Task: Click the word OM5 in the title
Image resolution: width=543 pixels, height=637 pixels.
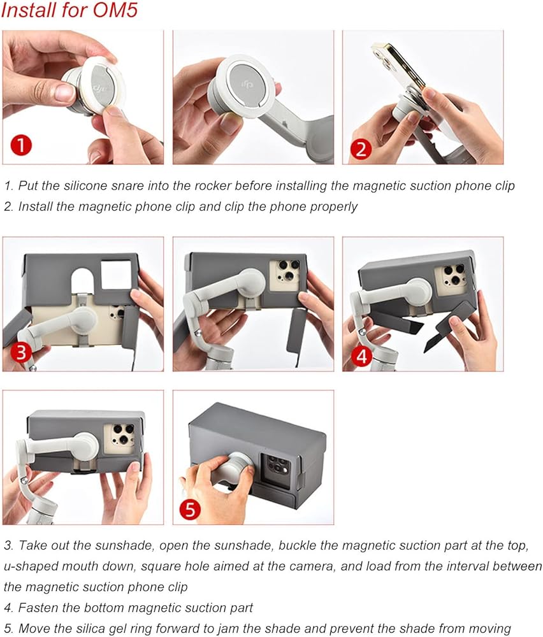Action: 115,10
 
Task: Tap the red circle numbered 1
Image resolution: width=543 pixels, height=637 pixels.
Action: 22,145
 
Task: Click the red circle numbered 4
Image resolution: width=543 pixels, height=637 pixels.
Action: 362,356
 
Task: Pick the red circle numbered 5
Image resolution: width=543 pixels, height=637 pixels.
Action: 191,508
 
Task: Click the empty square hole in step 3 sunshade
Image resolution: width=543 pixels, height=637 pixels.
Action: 116,275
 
